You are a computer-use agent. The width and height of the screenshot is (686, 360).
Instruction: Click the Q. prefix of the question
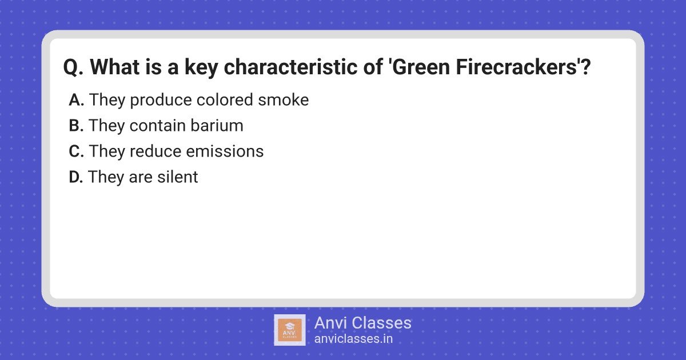pos(73,67)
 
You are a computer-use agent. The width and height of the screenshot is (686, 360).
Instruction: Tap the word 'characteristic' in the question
pos(290,67)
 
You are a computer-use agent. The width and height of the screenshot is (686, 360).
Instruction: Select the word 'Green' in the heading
pos(421,67)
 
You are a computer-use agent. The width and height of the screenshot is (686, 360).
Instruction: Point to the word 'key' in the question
pos(201,68)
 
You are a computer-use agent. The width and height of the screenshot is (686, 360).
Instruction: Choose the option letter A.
pos(76,100)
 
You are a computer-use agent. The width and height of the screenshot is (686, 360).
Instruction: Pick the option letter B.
pos(76,126)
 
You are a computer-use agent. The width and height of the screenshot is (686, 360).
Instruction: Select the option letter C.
pos(76,151)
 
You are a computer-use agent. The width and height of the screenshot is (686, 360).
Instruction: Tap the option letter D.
pos(76,177)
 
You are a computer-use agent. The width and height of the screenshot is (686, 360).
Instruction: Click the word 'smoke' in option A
pos(284,100)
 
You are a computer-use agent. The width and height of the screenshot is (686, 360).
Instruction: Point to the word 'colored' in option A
pos(225,100)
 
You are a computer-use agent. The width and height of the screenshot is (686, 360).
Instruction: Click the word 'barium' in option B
pos(217,126)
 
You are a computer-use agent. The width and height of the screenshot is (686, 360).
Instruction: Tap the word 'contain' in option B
pos(157,126)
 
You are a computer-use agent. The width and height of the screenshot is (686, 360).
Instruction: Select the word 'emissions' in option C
pos(225,151)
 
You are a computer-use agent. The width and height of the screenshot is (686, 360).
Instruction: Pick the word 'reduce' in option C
pos(155,151)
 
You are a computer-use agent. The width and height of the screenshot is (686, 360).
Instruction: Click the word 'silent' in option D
pos(178,177)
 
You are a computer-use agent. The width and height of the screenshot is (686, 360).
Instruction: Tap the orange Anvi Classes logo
pos(290,330)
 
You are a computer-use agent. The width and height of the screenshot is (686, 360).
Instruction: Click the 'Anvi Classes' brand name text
pos(362,323)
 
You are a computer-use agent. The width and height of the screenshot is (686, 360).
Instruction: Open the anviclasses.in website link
pos(353,339)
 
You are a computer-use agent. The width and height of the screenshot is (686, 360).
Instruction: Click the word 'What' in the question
pos(115,67)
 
